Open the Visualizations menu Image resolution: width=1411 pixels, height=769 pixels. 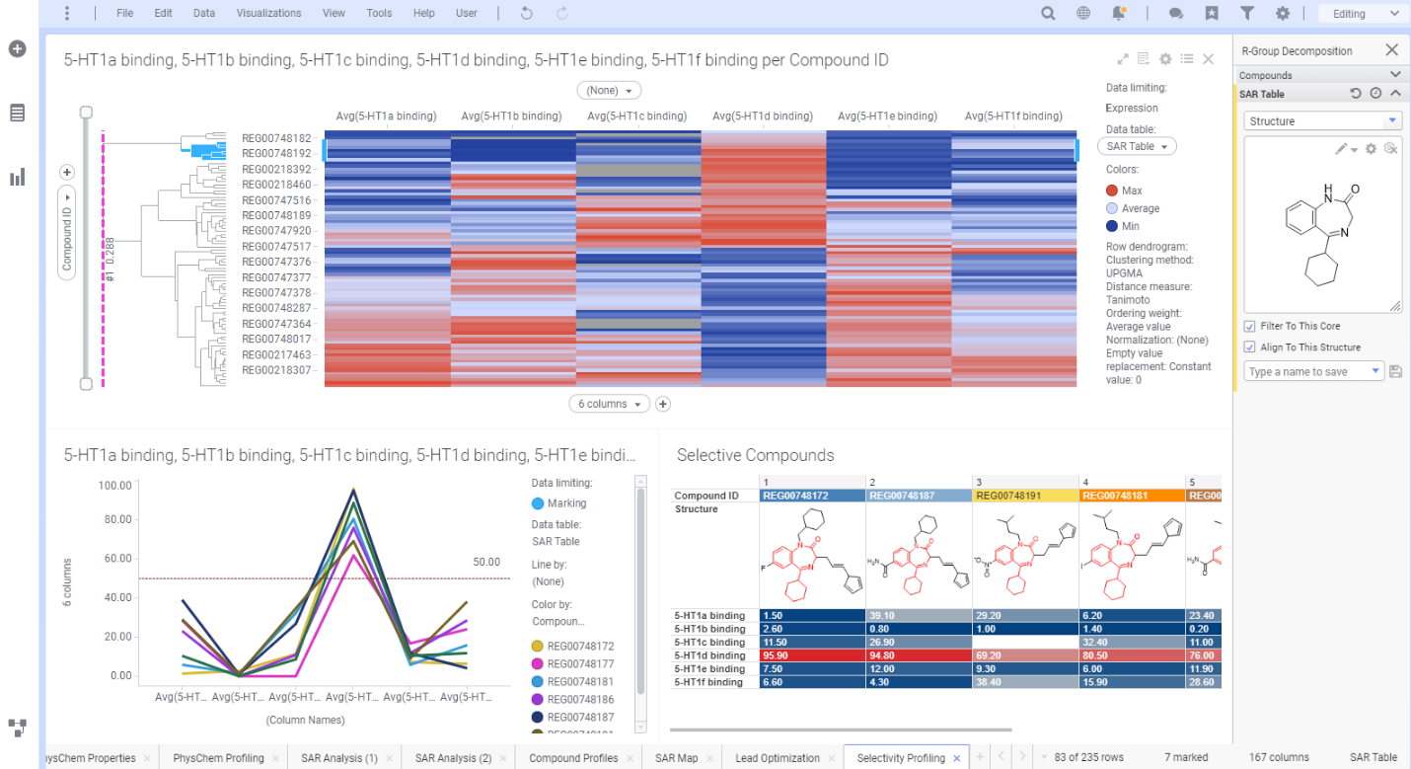pyautogui.click(x=268, y=13)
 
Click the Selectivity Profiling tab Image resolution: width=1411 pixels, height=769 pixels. pyautogui.click(x=900, y=758)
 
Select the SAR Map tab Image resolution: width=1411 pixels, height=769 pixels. pyautogui.click(x=676, y=758)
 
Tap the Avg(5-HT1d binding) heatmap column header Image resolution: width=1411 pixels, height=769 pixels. pyautogui.click(x=765, y=116)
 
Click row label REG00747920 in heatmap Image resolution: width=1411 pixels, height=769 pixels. pyautogui.click(x=276, y=231)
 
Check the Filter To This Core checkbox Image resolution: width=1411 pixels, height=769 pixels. pyautogui.click(x=1250, y=326)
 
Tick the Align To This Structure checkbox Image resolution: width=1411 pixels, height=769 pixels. pyautogui.click(x=1250, y=347)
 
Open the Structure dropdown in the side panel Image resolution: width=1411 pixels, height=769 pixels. pyautogui.click(x=1322, y=121)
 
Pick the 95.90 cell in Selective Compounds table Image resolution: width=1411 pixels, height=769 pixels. pyautogui.click(x=811, y=655)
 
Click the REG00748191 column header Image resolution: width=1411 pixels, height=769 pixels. pyautogui.click(x=1024, y=496)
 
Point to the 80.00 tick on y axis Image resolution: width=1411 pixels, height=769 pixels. pyautogui.click(x=115, y=519)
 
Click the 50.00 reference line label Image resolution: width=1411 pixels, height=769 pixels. pyautogui.click(x=486, y=562)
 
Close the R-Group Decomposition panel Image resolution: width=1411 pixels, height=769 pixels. pyautogui.click(x=1391, y=50)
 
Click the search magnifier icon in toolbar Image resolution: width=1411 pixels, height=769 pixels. pyautogui.click(x=1048, y=14)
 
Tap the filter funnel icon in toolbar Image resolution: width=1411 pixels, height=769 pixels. pyautogui.click(x=1247, y=14)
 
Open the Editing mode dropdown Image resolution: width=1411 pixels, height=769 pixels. pyautogui.click(x=1365, y=14)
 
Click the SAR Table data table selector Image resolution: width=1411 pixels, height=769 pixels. pyautogui.click(x=1136, y=146)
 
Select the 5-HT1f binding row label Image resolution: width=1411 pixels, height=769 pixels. pyautogui.click(x=708, y=682)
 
